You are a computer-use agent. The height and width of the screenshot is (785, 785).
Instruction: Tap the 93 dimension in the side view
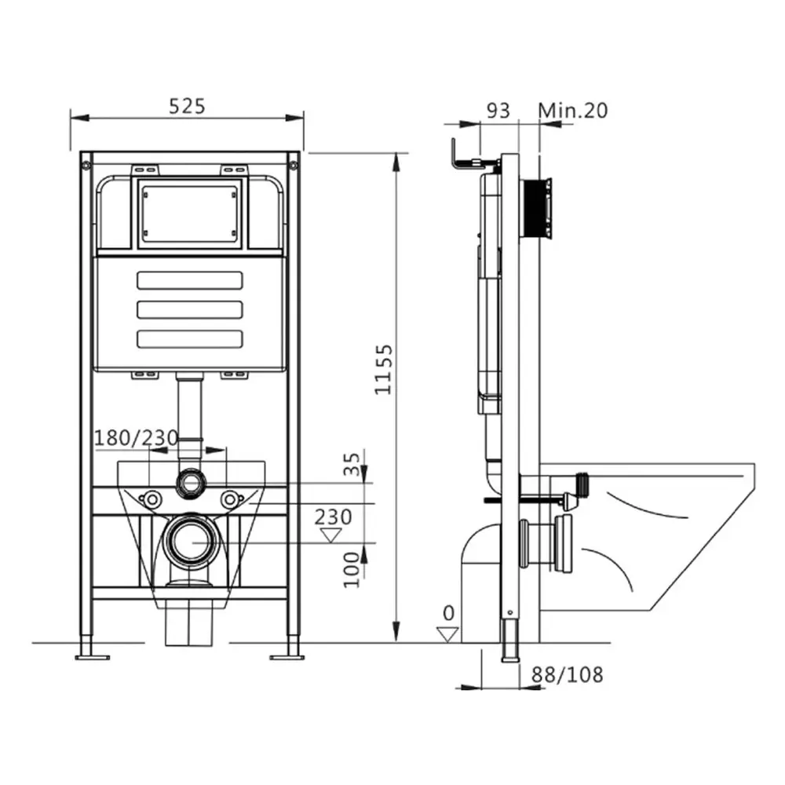point(497,111)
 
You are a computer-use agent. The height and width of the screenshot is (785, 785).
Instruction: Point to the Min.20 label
point(573,111)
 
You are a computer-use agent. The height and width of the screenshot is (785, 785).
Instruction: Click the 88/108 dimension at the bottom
point(568,674)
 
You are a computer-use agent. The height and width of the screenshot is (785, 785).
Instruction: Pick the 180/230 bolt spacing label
point(137,439)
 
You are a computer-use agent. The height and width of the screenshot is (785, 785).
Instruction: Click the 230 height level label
point(334,517)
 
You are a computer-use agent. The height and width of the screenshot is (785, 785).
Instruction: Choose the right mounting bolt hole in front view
point(229,498)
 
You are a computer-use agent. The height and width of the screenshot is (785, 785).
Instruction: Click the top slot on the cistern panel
point(189,280)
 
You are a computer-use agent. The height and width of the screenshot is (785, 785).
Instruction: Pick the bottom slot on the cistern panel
point(189,338)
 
